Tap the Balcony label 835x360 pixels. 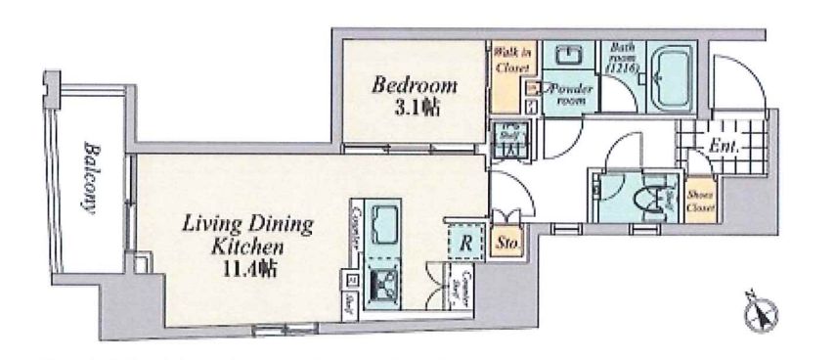point(88,177)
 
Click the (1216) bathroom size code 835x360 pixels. point(623,69)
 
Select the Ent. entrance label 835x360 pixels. point(725,147)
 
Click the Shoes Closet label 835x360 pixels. point(700,202)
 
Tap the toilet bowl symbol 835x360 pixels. point(647,198)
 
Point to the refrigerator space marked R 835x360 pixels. point(467,240)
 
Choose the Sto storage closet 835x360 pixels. point(507,240)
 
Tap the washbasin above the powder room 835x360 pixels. point(564,55)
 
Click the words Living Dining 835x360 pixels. point(249,225)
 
